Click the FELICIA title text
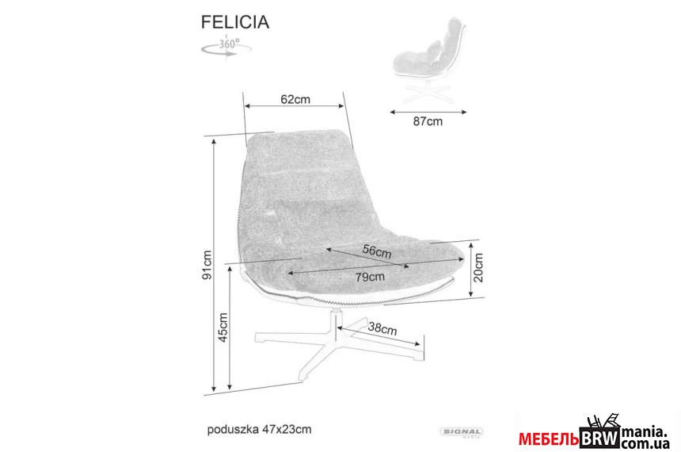pyautogui.click(x=235, y=22)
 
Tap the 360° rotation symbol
pyautogui.click(x=226, y=47)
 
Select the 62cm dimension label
pyautogui.click(x=295, y=99)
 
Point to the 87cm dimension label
pyautogui.click(x=428, y=121)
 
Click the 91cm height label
pyautogui.click(x=207, y=265)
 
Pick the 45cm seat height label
pyautogui.click(x=223, y=328)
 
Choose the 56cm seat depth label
pyautogui.click(x=377, y=251)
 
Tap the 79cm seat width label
pyautogui.click(x=370, y=277)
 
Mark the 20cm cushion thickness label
pyautogui.click(x=477, y=268)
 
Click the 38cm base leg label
pyautogui.click(x=382, y=328)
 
